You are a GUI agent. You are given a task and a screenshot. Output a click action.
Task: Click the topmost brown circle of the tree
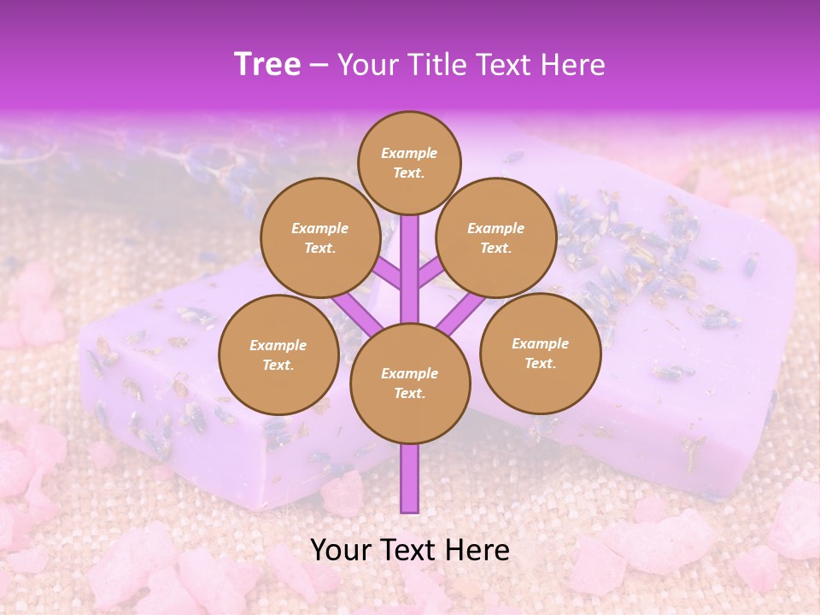[409, 162]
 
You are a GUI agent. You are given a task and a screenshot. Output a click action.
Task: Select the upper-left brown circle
[320, 237]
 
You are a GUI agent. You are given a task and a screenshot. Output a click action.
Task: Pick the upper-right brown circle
[496, 237]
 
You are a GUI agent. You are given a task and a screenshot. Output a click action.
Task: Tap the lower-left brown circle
[278, 354]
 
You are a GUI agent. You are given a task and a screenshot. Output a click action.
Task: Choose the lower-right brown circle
[540, 353]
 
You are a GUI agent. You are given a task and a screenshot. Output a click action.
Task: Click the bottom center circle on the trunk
[410, 384]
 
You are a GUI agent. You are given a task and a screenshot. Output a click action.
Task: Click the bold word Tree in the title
[267, 64]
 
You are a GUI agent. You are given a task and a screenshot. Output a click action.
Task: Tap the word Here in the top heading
[572, 65]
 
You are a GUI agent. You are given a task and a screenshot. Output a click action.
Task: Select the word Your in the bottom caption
[342, 550]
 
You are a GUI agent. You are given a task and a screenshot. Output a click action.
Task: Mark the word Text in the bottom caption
[408, 550]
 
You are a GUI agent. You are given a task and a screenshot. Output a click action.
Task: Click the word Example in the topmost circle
[409, 153]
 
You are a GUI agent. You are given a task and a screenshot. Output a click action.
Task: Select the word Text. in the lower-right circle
[540, 363]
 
